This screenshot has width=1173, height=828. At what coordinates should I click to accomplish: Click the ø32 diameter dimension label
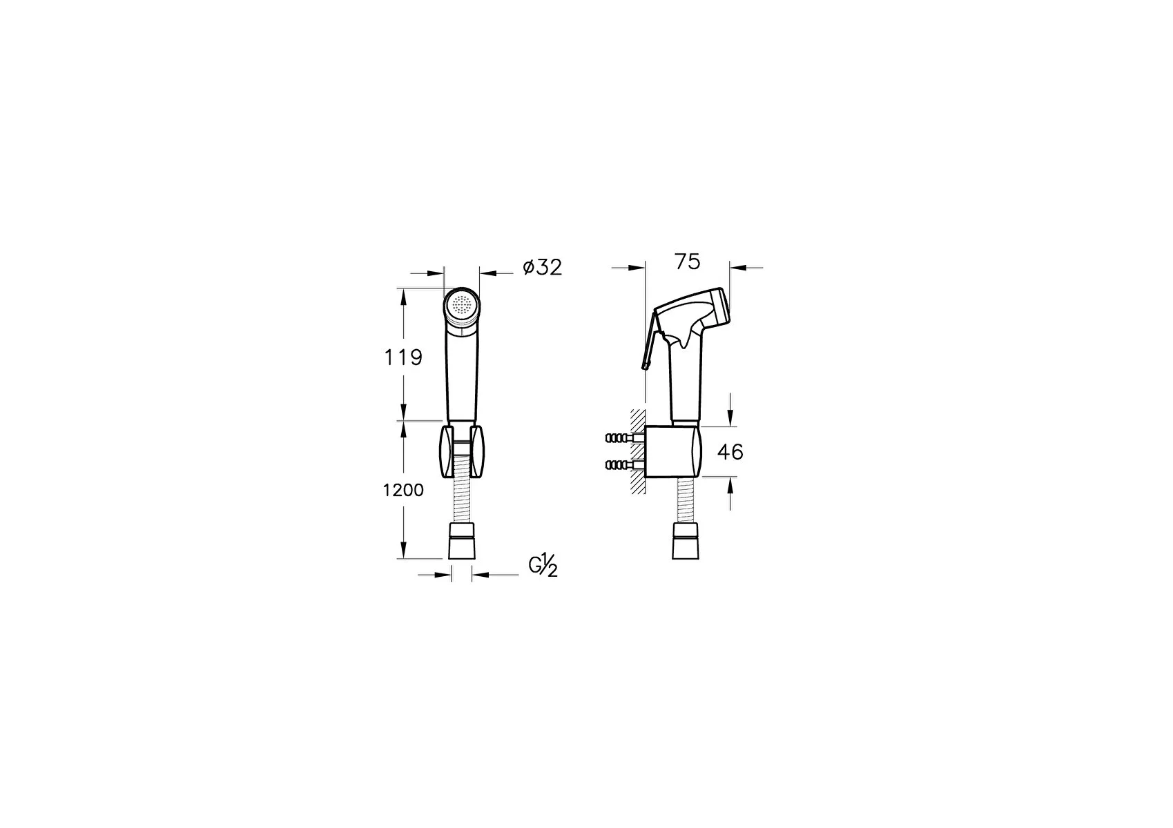click(x=543, y=267)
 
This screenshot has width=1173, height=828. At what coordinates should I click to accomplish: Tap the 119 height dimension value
click(x=403, y=357)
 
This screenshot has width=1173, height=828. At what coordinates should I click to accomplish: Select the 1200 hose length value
click(x=403, y=491)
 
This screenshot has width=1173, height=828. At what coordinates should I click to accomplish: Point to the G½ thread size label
click(x=543, y=566)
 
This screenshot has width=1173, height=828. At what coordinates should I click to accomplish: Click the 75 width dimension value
click(x=688, y=262)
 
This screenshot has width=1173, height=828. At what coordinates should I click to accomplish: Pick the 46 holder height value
click(x=730, y=452)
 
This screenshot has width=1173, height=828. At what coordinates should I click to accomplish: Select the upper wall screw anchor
click(x=621, y=437)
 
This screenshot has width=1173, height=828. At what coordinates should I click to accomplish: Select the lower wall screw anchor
click(x=621, y=464)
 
